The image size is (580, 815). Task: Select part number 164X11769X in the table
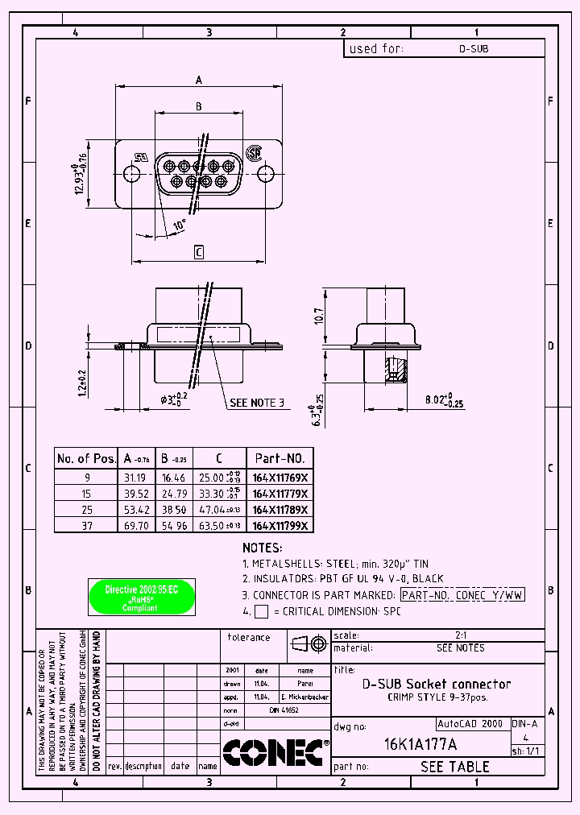pyautogui.click(x=280, y=476)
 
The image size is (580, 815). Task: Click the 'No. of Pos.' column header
pyautogui.click(x=86, y=458)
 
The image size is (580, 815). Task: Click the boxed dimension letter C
pyautogui.click(x=198, y=252)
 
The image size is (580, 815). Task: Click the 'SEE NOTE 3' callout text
pyautogui.click(x=257, y=402)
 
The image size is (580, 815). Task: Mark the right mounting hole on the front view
pyautogui.click(x=266, y=173)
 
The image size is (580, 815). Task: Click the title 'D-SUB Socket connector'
pyautogui.click(x=436, y=684)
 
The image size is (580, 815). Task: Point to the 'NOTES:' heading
pyautogui.click(x=263, y=548)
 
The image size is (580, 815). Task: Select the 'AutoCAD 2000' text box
pyautogui.click(x=471, y=723)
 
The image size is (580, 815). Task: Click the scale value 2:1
pyautogui.click(x=461, y=635)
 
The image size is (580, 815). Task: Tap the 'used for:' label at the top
pyautogui.click(x=375, y=48)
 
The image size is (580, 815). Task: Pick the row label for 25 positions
pyautogui.click(x=86, y=509)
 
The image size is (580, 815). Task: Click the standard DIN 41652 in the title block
pyautogui.click(x=284, y=711)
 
